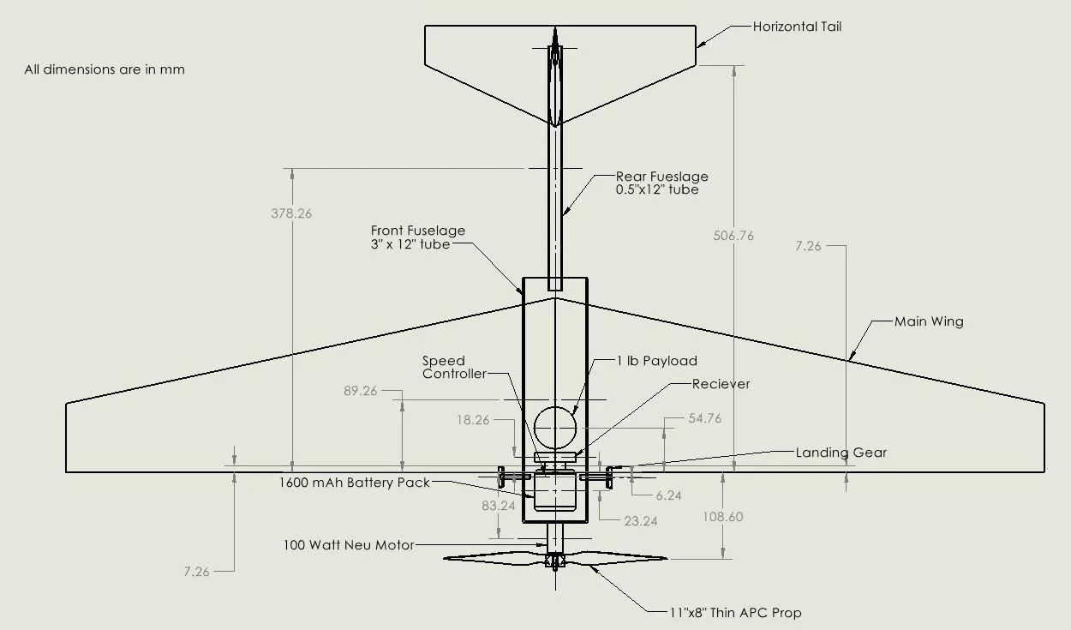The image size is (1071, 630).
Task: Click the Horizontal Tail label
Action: [797, 27]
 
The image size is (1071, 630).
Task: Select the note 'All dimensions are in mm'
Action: [105, 69]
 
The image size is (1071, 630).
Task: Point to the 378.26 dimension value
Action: [291, 213]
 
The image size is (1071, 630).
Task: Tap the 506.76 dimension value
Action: [733, 235]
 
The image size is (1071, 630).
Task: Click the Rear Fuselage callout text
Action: [661, 183]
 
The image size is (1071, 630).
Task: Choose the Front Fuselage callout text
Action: [418, 237]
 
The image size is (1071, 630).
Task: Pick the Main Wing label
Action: [929, 321]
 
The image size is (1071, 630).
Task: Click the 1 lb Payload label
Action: [656, 361]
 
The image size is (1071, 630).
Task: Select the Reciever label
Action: [721, 384]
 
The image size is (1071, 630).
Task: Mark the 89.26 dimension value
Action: [360, 391]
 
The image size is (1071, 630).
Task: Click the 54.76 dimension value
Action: [705, 418]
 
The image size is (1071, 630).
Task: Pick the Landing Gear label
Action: [841, 453]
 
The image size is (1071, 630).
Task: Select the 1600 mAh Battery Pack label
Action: [355, 483]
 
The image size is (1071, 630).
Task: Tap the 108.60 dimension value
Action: [722, 517]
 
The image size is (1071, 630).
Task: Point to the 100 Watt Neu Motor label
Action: [349, 544]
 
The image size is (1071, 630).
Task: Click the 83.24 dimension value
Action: [498, 506]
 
